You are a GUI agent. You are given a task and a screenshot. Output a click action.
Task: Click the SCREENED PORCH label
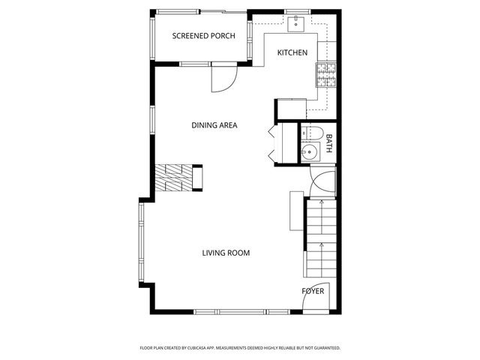(204, 36)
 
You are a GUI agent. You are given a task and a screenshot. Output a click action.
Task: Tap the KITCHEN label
(292, 52)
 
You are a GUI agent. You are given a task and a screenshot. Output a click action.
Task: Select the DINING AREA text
(214, 125)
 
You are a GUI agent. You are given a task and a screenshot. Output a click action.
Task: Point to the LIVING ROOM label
(226, 253)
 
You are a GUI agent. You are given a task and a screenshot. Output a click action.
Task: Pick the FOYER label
(313, 291)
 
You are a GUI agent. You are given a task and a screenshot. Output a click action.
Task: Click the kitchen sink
(297, 23)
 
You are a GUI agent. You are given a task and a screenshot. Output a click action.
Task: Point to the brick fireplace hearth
(174, 178)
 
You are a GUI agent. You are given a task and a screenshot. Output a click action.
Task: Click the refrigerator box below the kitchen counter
(291, 109)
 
